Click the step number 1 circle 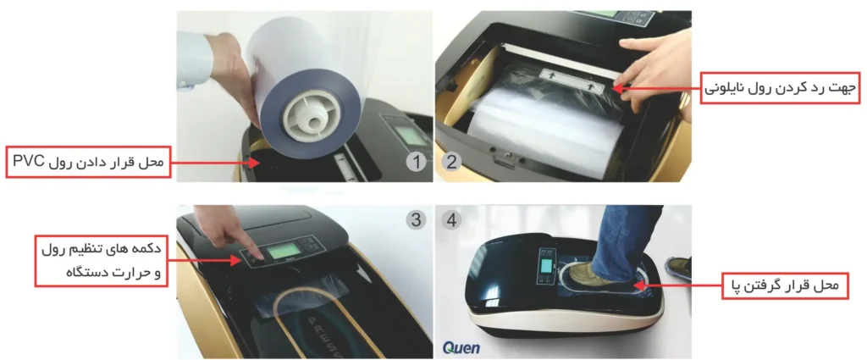pyautogui.click(x=416, y=163)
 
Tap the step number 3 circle pyautogui.click(x=416, y=220)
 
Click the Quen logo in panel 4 pyautogui.click(x=461, y=348)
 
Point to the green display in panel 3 pyautogui.click(x=284, y=253)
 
